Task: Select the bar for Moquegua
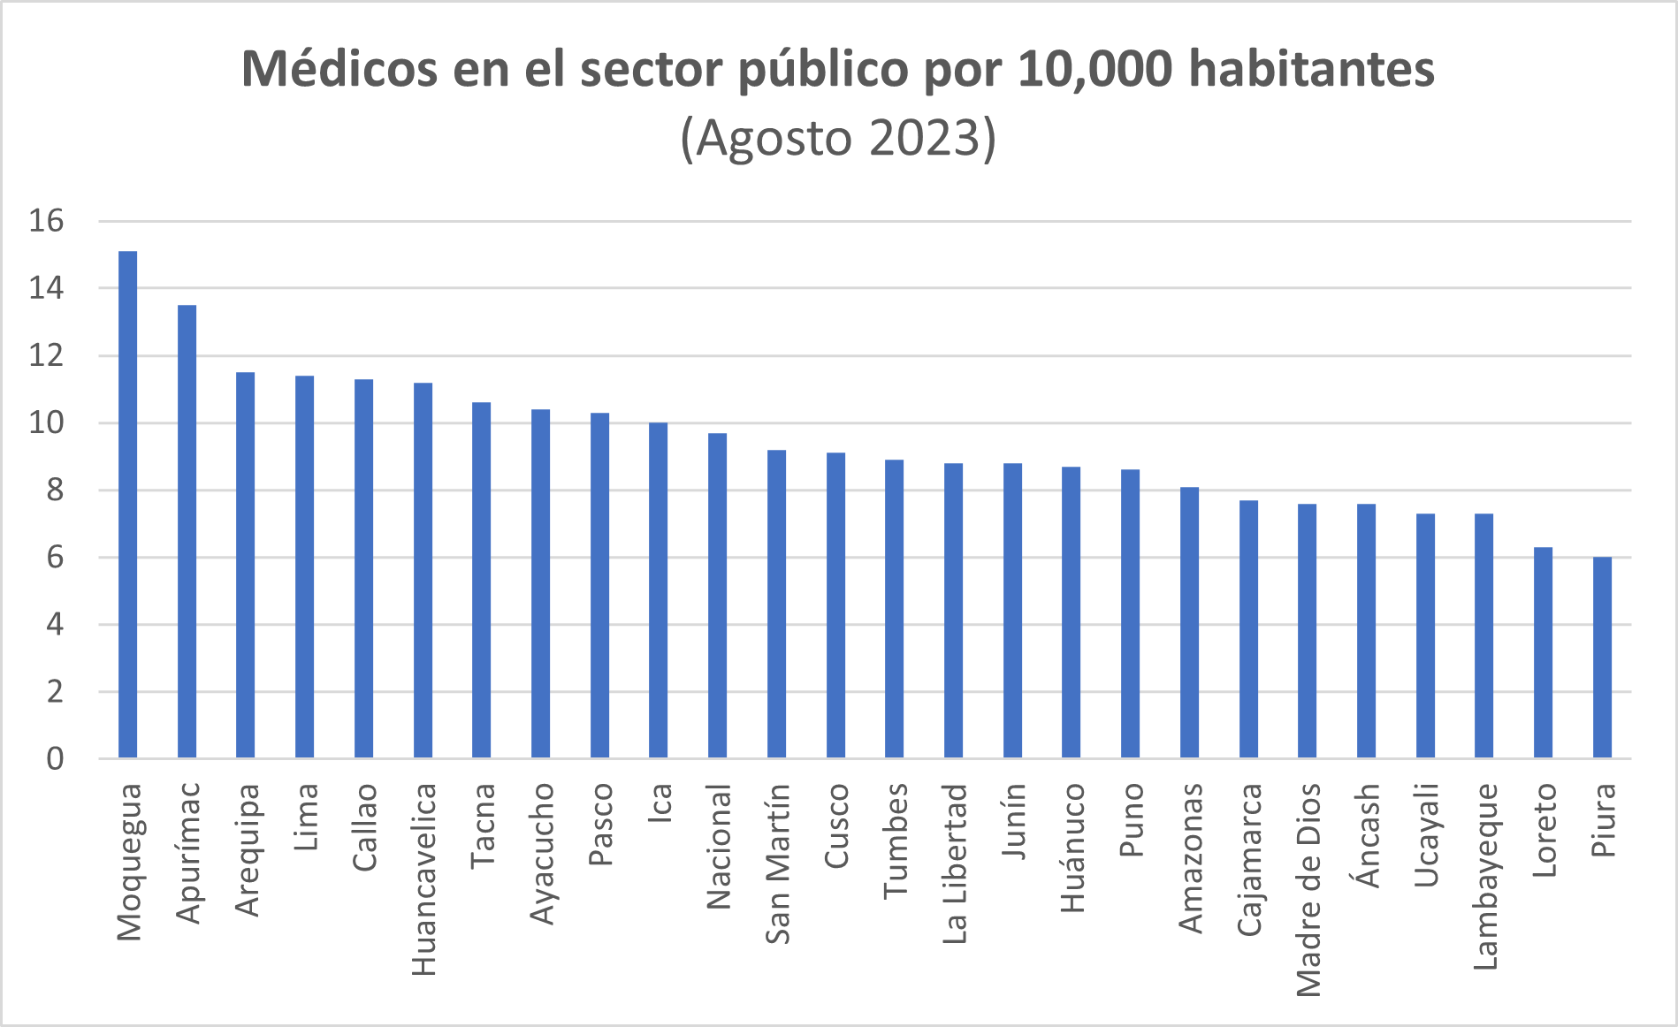pyautogui.click(x=128, y=505)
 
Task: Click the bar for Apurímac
pyautogui.click(x=187, y=531)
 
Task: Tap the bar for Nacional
pyautogui.click(x=718, y=596)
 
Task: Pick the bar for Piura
pyautogui.click(x=1602, y=658)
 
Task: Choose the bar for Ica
pyautogui.click(x=659, y=590)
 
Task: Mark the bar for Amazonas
pyautogui.click(x=1189, y=622)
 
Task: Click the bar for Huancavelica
pyautogui.click(x=423, y=570)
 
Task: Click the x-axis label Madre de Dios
pyautogui.click(x=1308, y=889)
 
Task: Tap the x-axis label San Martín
pyautogui.click(x=777, y=863)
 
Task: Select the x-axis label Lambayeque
pyautogui.click(x=1484, y=876)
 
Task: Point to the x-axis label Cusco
pyautogui.click(x=836, y=825)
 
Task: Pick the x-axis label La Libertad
pyautogui.click(x=954, y=863)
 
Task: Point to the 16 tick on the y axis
pyautogui.click(x=47, y=221)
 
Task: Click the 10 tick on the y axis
pyautogui.click(x=47, y=422)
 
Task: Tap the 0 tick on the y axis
pyautogui.click(x=55, y=758)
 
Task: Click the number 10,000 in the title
pyautogui.click(x=1094, y=69)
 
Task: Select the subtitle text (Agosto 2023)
pyautogui.click(x=838, y=138)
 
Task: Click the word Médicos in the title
pyautogui.click(x=339, y=69)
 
